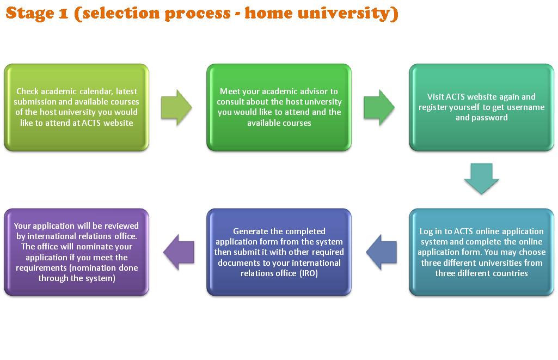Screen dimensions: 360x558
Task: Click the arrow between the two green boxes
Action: point(177,107)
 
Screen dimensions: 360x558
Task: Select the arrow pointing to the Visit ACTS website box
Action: point(379,107)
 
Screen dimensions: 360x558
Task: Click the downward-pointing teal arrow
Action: point(482,179)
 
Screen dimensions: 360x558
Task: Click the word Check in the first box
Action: point(27,91)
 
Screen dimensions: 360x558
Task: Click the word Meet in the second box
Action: point(229,91)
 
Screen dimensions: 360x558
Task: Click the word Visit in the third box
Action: point(430,97)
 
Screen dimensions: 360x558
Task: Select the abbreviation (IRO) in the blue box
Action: point(308,273)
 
